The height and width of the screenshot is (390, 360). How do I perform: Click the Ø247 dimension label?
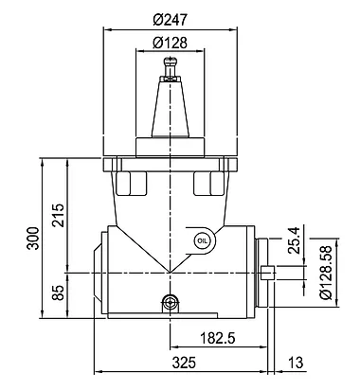[171, 20]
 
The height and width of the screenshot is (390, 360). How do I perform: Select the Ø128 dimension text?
[170, 43]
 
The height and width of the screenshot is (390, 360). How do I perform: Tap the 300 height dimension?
[32, 239]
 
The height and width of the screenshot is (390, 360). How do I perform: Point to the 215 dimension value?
[58, 215]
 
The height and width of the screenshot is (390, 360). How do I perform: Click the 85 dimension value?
[58, 292]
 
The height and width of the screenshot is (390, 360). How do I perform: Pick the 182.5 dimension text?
[218, 338]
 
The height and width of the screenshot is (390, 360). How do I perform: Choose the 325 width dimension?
[184, 363]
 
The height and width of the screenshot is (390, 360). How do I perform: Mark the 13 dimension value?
[296, 363]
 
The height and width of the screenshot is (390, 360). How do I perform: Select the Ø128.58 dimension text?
[326, 273]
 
